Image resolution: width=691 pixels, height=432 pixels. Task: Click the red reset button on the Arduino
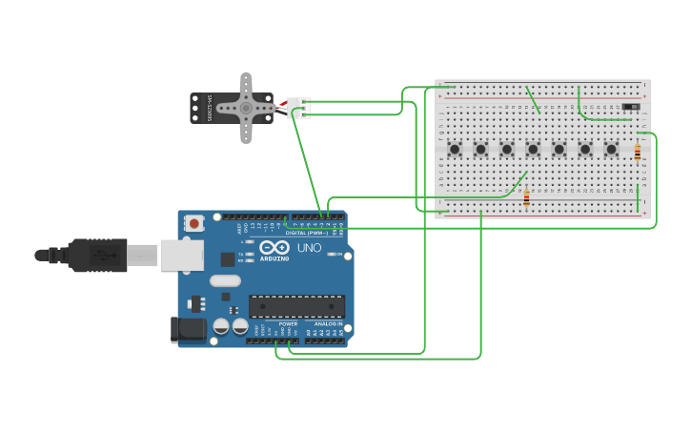pos(194,223)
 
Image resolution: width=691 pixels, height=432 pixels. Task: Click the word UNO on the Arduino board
pos(309,248)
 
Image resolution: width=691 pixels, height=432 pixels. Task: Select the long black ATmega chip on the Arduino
pos(296,306)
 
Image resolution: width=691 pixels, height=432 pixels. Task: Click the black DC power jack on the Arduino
pos(188,330)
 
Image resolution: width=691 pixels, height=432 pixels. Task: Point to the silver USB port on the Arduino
pos(181,255)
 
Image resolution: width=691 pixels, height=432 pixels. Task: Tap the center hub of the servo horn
pos(246,108)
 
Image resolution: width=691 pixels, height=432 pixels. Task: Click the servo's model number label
pos(208,109)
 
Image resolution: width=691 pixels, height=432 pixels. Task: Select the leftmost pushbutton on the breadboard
pos(456,149)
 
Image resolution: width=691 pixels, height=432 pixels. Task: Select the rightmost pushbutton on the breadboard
pos(611,149)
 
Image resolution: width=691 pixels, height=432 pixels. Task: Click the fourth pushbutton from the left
pos(534,149)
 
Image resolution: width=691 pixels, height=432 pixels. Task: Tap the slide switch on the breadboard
pos(630,107)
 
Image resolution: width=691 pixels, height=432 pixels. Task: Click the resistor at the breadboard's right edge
pos(638,152)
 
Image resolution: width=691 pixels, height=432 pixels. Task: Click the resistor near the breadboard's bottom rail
pos(526,198)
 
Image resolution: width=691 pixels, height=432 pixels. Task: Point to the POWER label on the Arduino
pos(288,324)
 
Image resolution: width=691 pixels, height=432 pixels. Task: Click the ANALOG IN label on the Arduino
pos(328,324)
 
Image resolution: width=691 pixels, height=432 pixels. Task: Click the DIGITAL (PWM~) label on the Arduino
pos(306,233)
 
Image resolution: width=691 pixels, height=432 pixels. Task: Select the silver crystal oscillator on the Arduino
pos(225,280)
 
